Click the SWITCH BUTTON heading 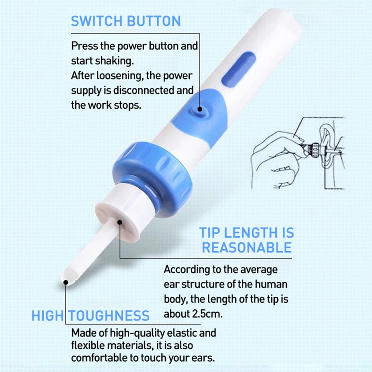[x=126, y=21]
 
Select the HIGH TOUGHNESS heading [x=90, y=316]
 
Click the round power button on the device [x=200, y=108]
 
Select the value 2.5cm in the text [x=207, y=314]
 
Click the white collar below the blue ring [x=118, y=210]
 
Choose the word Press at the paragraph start [x=83, y=46]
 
